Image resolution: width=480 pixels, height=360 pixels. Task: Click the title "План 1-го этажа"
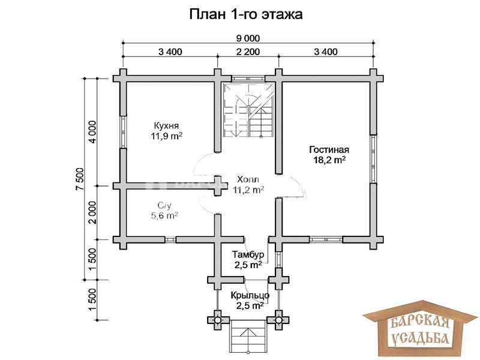coord(246,14)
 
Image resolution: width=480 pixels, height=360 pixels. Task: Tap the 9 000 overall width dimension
coord(248,38)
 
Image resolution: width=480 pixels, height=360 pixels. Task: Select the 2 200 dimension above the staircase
coord(248,52)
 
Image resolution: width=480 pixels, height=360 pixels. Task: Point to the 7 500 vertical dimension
coord(79,179)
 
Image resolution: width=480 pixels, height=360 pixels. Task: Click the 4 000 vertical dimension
coord(93,132)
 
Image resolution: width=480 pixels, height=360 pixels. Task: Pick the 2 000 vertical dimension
coord(93,212)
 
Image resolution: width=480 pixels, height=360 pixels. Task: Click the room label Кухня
coord(166,125)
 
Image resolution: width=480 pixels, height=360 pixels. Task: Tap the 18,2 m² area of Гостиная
coord(329,160)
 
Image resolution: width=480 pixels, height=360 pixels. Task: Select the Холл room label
coord(248,179)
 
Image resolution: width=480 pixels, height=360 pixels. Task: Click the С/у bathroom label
coord(164,205)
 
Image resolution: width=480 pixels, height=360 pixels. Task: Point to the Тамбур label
coord(248,254)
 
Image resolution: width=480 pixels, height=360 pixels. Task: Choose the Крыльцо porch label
coord(250,295)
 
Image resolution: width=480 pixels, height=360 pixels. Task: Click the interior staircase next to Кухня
coord(248,111)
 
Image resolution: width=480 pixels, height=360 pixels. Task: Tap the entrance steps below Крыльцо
coord(248,336)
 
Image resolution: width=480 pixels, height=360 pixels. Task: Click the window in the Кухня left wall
coord(123,132)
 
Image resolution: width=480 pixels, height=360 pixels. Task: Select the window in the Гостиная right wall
coord(373,159)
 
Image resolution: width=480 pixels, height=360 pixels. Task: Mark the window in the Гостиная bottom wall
coord(325,239)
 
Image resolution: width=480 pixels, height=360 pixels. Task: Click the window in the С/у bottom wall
coord(170,239)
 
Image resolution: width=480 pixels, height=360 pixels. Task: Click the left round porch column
coord(218,320)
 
